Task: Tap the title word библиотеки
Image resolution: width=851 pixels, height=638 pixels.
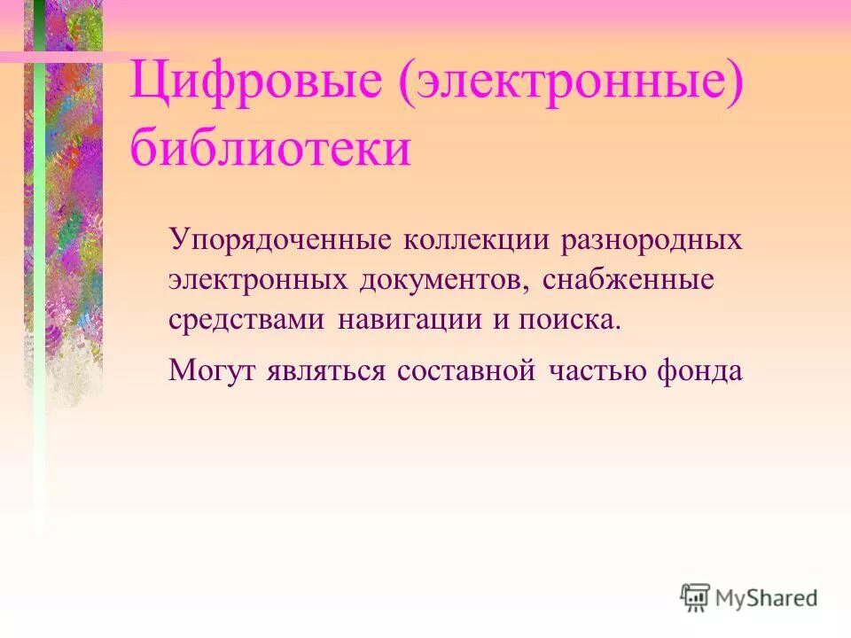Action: [270, 149]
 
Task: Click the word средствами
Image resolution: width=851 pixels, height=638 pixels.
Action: [246, 320]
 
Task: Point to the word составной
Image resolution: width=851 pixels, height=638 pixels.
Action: [466, 370]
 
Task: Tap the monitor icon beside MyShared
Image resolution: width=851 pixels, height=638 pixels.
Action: [696, 597]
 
